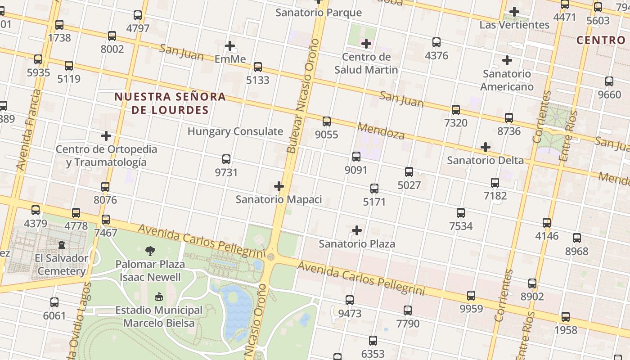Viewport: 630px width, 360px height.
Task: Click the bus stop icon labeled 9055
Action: [327, 121]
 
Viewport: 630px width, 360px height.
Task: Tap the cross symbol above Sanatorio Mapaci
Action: [279, 186]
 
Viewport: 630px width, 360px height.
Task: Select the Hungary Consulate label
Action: [235, 131]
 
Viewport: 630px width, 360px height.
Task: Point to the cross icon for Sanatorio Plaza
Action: [357, 230]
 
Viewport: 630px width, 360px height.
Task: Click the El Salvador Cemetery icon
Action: [62, 244]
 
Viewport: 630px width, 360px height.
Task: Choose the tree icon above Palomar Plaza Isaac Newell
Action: [150, 251]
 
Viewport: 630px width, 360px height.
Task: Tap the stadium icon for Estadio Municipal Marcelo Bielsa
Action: [158, 297]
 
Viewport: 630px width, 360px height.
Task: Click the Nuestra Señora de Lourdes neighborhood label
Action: [170, 103]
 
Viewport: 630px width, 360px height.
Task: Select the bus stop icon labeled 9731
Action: [226, 159]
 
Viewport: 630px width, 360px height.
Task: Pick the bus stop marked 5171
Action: [374, 188]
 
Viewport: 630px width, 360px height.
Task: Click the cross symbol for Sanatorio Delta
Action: [485, 147]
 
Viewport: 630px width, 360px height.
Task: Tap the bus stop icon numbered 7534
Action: [461, 212]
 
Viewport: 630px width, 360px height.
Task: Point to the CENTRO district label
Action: [601, 40]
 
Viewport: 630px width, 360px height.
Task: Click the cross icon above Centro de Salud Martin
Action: [366, 44]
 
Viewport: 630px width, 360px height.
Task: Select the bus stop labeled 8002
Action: [112, 36]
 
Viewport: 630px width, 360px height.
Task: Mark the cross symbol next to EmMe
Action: [230, 45]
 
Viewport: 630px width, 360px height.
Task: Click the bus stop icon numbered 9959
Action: [471, 295]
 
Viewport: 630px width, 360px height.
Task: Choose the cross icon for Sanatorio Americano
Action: [507, 60]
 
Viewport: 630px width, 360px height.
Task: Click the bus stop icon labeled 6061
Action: [54, 302]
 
